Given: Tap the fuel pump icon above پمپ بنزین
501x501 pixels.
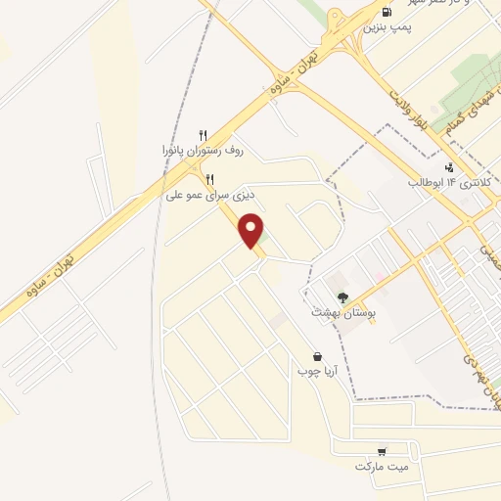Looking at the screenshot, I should point(387,13).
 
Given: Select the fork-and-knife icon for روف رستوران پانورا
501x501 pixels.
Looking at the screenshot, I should point(204,135).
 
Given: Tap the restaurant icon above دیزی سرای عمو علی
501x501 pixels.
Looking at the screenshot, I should point(209,179).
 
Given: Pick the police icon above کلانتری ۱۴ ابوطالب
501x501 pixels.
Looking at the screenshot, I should point(449,166).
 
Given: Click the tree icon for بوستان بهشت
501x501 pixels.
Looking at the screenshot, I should point(342,297).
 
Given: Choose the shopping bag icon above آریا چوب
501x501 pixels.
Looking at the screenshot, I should point(317,356).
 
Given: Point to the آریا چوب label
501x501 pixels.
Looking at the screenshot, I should point(316,372).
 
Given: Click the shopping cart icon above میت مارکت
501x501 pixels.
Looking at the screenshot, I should point(382,451).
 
